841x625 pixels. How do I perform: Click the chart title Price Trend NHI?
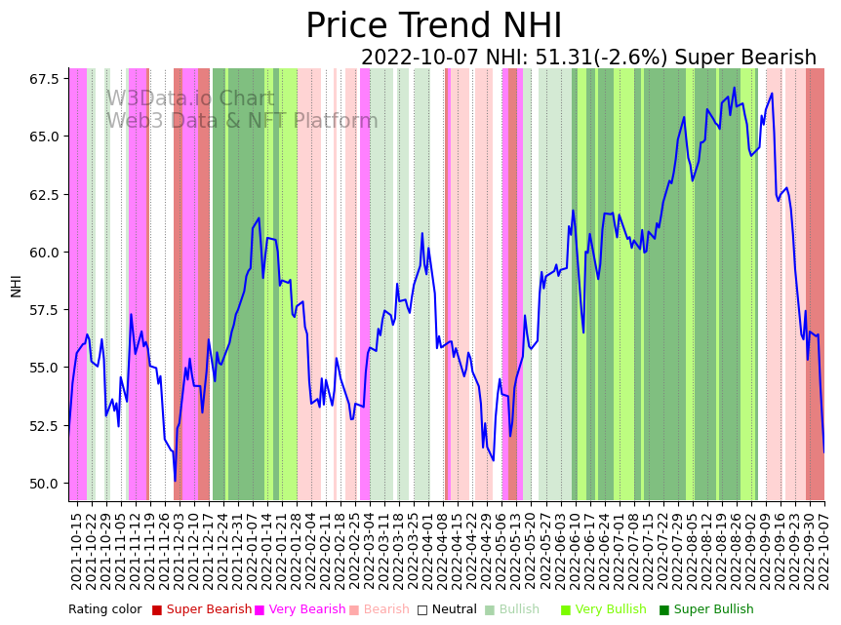point(433,26)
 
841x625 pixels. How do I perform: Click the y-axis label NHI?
point(17,285)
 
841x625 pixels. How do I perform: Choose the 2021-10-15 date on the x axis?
point(76,551)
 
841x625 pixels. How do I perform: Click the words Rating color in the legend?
point(105,610)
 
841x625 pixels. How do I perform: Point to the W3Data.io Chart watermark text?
point(190,99)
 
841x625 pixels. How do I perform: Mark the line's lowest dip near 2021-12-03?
point(176,480)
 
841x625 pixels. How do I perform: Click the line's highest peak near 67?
point(735,88)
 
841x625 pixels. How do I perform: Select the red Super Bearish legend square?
point(157,610)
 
